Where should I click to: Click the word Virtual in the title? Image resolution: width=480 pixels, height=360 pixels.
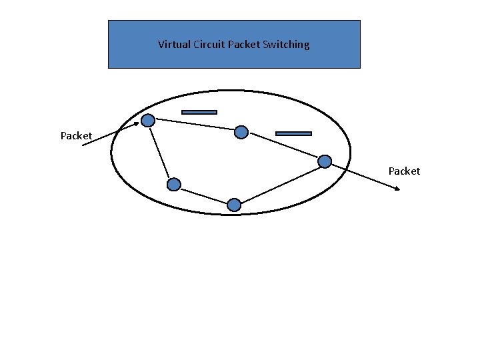tap(173, 45)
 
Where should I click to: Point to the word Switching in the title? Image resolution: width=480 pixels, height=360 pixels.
tap(286, 45)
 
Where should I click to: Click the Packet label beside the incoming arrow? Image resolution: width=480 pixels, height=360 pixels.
tap(76, 136)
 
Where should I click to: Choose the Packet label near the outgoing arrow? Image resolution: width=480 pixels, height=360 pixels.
tap(404, 171)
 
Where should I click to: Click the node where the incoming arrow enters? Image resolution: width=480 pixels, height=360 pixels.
tap(148, 120)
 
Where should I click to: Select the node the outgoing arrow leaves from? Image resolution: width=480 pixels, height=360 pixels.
tap(325, 161)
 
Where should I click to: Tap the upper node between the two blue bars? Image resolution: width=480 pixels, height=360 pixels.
tap(242, 132)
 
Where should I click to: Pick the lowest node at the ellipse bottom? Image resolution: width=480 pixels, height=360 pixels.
tap(233, 205)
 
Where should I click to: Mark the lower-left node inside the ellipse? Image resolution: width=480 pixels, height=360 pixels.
tap(173, 184)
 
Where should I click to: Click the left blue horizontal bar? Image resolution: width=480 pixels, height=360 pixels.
tap(199, 112)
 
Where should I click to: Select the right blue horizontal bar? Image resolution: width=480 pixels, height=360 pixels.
tap(293, 133)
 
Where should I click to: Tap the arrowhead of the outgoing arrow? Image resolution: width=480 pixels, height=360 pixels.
tap(397, 189)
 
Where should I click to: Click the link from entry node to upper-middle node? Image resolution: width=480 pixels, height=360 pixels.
tap(195, 126)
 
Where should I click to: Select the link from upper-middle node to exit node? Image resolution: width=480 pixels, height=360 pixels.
tap(283, 146)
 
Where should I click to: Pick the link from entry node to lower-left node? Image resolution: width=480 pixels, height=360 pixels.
tap(161, 152)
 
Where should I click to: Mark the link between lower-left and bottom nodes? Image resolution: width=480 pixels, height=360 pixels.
tap(203, 195)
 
